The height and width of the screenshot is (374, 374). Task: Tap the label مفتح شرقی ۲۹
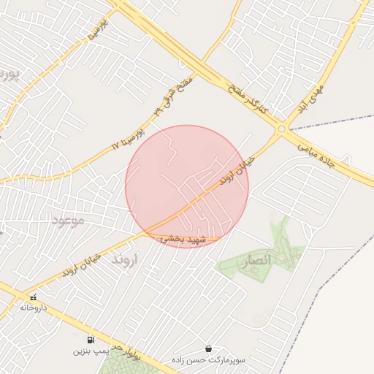[173, 94]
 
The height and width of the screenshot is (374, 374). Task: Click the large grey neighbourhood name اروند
[126, 259]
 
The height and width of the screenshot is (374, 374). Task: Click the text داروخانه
[33, 308]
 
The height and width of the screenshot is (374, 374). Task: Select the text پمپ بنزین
[90, 351]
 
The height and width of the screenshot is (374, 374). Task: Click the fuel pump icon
[90, 340]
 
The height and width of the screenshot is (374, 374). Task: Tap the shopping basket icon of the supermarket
[208, 349]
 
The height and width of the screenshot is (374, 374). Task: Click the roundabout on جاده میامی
[282, 129]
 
